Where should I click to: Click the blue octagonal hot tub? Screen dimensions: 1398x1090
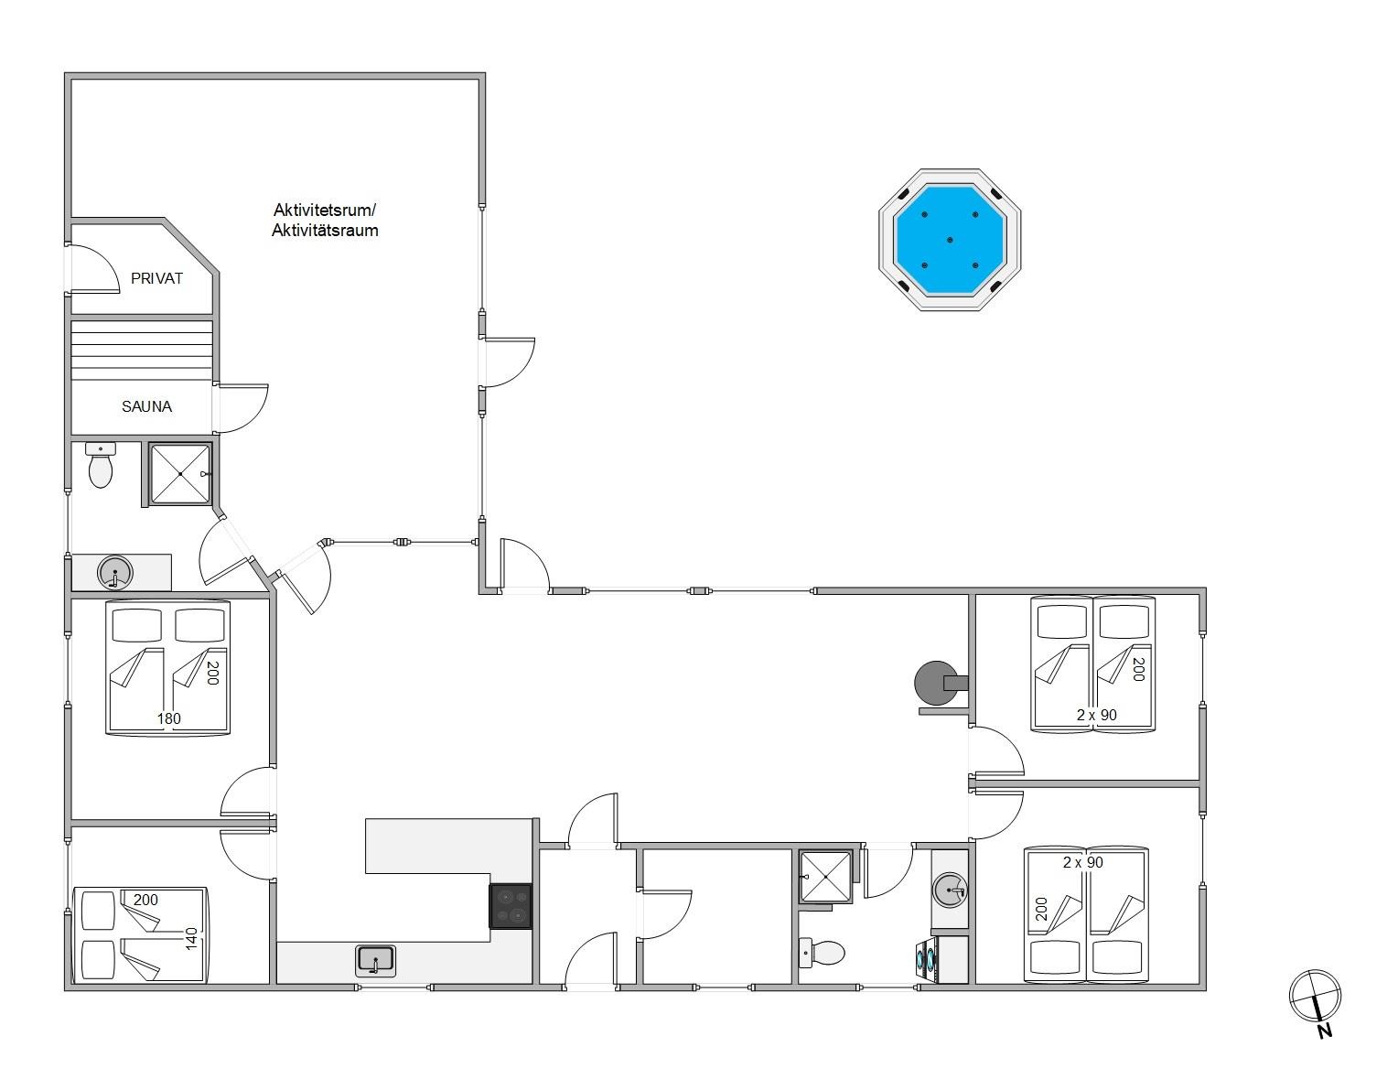[949, 240]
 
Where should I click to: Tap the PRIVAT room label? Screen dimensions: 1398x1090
[156, 278]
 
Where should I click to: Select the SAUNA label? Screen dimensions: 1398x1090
[146, 406]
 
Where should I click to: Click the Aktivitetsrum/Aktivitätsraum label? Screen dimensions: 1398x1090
[324, 220]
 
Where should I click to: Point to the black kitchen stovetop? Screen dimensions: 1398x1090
[511, 906]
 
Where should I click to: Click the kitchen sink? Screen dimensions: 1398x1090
[376, 961]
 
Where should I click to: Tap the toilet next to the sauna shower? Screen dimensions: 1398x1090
[101, 465]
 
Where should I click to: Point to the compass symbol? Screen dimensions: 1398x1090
[1315, 996]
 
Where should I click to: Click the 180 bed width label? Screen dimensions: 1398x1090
[168, 718]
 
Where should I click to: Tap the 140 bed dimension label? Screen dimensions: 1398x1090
[191, 939]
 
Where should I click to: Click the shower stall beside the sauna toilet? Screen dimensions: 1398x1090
[180, 473]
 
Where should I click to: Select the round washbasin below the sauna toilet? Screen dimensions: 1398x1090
[115, 572]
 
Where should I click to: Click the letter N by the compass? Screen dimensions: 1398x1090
[1325, 1031]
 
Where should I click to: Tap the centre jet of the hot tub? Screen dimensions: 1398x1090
[950, 240]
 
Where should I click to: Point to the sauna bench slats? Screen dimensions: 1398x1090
[142, 351]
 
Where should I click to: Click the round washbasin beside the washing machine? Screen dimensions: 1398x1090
[950, 890]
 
